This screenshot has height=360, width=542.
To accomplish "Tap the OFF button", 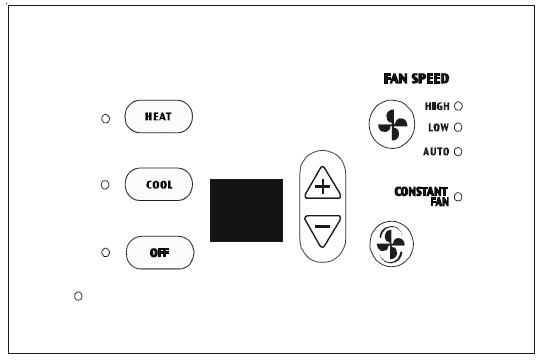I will coord(158,252).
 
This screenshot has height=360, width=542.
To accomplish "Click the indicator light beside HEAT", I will coord(105,118).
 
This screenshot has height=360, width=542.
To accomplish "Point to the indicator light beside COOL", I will coord(105,185).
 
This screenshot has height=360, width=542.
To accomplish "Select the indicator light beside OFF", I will coord(105,252).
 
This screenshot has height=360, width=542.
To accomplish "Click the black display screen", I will coord(246,210).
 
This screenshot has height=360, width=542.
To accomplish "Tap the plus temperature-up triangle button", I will coord(321,187).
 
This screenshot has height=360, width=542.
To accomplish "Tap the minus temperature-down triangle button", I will coord(321,229).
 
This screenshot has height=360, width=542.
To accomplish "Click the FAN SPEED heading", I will coord(416,79).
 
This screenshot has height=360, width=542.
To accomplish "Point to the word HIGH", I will coord(437,105).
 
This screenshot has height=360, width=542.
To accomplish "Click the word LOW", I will coord(438,127).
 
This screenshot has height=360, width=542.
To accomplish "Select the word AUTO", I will coord(436,151).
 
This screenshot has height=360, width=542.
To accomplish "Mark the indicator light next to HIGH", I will coord(458,105).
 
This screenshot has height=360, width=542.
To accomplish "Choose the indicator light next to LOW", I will coord(458,127).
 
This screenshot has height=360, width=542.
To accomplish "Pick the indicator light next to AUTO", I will coord(458,151).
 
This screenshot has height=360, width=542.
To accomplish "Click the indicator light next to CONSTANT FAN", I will coord(458,197).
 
